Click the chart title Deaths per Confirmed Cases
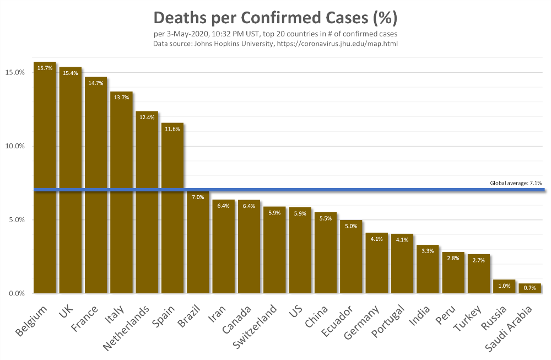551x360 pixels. pos(275,18)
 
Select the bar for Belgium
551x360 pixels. pos(45,182)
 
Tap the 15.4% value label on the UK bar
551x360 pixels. pos(70,73)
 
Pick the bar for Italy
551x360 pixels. pos(121,193)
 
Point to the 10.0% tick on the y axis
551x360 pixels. pos(15,146)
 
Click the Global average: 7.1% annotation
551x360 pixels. pos(516,183)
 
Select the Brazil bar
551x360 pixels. pos(198,243)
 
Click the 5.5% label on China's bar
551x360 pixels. pos(326,219)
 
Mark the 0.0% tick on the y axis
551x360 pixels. pos(16,293)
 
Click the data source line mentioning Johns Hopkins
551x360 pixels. pos(275,44)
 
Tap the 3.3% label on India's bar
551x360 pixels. pos(428,251)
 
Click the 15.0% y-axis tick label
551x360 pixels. pos(15,72)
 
